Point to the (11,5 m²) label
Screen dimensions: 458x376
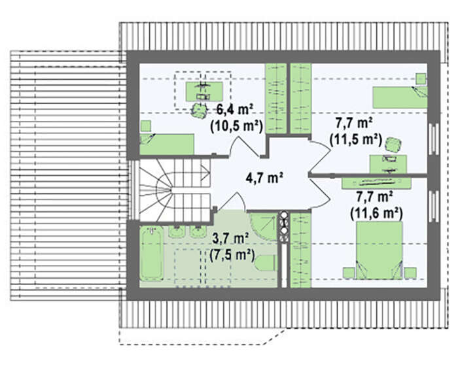tap(356, 139)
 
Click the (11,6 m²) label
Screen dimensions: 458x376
tap(376, 213)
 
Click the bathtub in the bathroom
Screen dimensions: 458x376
tap(151, 253)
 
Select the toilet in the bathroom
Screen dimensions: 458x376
tap(265, 262)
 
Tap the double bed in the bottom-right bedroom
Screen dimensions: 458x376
tap(379, 250)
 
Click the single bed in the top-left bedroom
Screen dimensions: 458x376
tap(167, 145)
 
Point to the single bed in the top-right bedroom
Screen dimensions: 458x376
tap(400, 97)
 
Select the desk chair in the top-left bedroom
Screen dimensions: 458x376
tap(199, 111)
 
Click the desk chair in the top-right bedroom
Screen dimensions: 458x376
tap(393, 145)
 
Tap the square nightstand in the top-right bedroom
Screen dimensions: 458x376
tap(421, 78)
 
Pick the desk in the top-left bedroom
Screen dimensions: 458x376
tap(204, 92)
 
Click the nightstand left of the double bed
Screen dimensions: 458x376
tap(348, 273)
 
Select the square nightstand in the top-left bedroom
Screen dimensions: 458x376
tap(145, 126)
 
